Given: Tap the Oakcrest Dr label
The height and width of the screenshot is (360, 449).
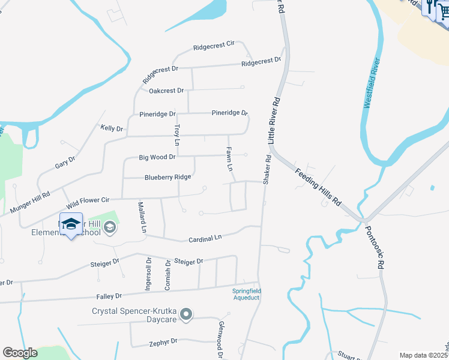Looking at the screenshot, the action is point(166,91).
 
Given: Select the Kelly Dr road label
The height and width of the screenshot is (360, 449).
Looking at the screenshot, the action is point(112,128).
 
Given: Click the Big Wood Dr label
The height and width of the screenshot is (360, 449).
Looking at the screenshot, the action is point(157,157).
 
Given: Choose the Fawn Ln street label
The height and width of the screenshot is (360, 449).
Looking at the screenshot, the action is point(229,157).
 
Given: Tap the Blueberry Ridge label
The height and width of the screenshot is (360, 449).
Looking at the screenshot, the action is point(167,177).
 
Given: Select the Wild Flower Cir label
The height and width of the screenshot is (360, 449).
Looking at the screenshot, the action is point(88,199).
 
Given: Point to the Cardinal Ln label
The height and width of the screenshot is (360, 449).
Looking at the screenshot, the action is point(205,238).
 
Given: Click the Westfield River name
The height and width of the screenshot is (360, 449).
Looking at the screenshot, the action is point(373,83).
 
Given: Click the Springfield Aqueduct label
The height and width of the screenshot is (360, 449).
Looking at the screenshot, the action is point(247,294).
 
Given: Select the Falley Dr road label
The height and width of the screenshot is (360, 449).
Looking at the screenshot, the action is point(109,296).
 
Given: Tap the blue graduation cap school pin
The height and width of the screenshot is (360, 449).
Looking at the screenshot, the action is point(71,224).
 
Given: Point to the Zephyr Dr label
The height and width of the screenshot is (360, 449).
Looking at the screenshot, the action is point(163,341).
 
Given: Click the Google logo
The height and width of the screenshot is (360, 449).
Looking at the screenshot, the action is point(20,352).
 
